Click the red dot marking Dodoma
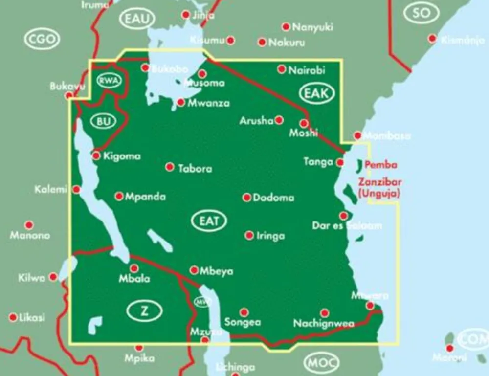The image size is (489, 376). [x=247, y=198]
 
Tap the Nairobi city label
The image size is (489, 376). [x=307, y=70]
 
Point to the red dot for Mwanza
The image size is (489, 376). [x=181, y=102]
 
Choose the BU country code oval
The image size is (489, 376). [x=104, y=122]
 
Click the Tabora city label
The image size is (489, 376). [x=195, y=169]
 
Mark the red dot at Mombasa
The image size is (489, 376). [x=357, y=135]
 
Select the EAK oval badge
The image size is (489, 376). [x=316, y=94]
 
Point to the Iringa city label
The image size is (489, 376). [x=271, y=236]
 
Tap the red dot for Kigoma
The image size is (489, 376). [x=96, y=156]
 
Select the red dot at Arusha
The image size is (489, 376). [x=279, y=120]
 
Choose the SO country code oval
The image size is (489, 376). [x=421, y=13]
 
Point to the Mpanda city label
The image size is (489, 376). [x=145, y=197]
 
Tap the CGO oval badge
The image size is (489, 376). [x=42, y=40]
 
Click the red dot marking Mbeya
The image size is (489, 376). [x=194, y=270]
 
